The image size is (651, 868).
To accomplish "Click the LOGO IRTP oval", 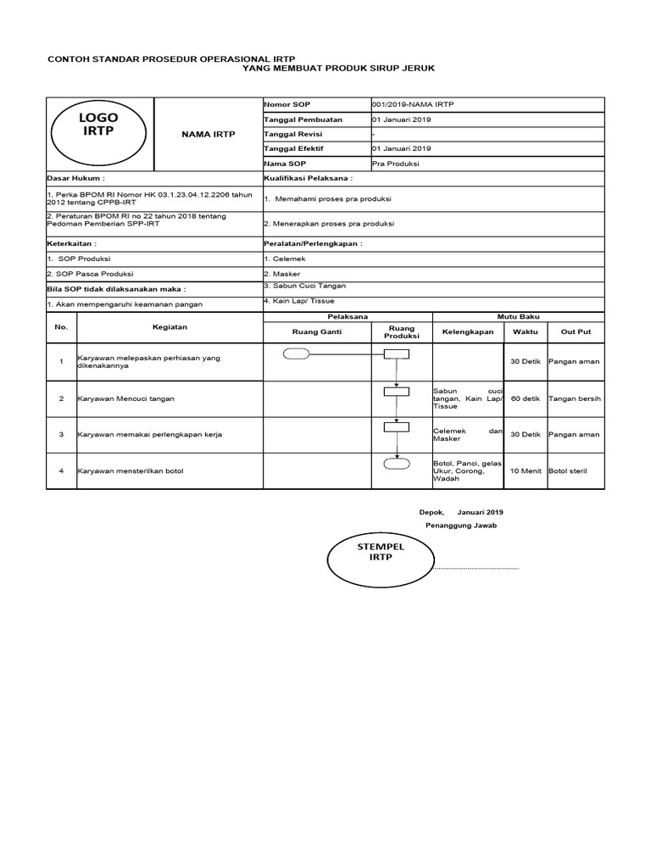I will click(98, 125).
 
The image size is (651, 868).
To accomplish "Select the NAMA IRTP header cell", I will click(208, 134).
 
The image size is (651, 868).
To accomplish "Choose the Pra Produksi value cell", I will click(396, 164).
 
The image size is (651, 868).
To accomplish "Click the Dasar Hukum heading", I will click(76, 179).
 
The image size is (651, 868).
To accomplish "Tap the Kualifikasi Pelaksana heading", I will click(308, 179).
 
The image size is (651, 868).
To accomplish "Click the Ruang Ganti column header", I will click(316, 331).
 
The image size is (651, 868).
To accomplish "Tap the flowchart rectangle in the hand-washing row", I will click(395, 391).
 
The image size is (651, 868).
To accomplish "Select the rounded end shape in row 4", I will click(395, 464).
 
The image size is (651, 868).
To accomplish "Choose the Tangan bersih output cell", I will click(575, 398).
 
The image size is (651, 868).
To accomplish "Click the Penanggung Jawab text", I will click(460, 526).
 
